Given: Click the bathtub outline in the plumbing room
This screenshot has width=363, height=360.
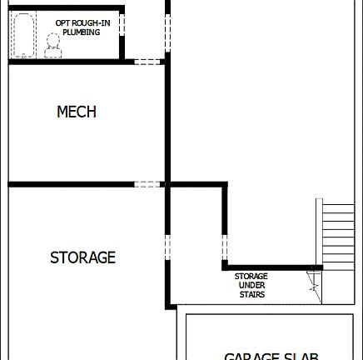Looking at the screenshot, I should [x=22, y=34].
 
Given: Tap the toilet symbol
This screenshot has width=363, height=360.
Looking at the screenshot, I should [x=53, y=43].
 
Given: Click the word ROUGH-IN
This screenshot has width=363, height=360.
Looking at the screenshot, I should [x=94, y=22].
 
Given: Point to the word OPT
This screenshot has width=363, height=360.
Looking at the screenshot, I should [x=63, y=22].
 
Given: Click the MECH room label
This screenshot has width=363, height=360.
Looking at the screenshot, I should [x=77, y=112].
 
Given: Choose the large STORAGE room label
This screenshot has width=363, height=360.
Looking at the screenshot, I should [x=82, y=257].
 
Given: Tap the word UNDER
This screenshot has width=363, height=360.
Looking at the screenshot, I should [x=251, y=285].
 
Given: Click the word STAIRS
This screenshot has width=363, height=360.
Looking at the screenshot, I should [x=251, y=294].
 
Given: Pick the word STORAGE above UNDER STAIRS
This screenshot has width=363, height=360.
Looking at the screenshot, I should [x=251, y=276].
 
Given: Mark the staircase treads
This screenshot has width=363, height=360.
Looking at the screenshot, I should [x=336, y=234].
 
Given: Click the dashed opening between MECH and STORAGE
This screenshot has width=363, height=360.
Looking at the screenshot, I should [x=147, y=184].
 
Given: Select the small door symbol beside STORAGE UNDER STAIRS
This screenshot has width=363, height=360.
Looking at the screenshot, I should [x=315, y=281].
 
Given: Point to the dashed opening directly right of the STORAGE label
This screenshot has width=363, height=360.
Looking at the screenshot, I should [x=167, y=248].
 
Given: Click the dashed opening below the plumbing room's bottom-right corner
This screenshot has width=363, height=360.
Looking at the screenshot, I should [x=147, y=60].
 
